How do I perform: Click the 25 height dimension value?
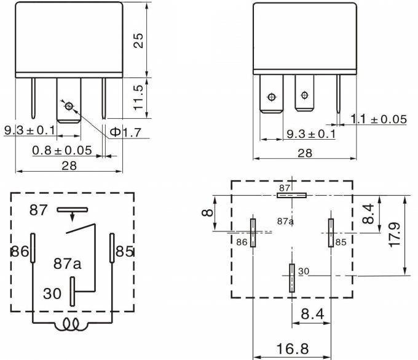pos(140,40)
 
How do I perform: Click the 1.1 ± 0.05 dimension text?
pos(379,119)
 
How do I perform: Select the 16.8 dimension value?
pos(292,349)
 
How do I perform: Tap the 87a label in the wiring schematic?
pos(67,263)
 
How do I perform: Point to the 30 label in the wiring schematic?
pos(52,294)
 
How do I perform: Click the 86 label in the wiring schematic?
pos(19,251)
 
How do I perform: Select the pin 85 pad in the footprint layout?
pos(331,233)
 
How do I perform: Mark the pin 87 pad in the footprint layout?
pos(291,196)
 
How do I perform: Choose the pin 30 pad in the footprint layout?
pos(291,278)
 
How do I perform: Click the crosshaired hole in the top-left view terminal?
pos(68,106)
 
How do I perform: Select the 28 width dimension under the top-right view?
pos(305,153)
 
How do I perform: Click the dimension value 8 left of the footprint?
pos(208,213)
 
